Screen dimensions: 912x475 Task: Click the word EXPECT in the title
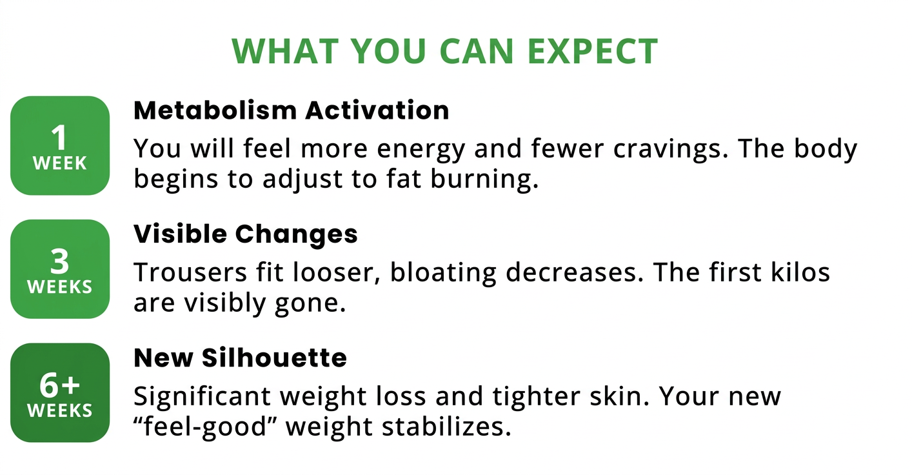[x=592, y=51]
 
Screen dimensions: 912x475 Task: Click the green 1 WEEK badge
[x=60, y=145]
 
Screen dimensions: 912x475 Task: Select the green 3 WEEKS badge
[x=60, y=269]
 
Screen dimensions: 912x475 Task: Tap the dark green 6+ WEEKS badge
[x=60, y=392]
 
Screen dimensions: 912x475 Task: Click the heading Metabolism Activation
[x=291, y=110]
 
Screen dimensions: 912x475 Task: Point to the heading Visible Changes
[x=246, y=234]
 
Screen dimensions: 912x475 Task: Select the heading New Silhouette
[x=240, y=358]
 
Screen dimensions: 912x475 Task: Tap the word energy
[x=421, y=150]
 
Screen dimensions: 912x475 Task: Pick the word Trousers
[x=190, y=272]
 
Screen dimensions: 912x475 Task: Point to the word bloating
[x=443, y=273]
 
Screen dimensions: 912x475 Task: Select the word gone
[x=310, y=304]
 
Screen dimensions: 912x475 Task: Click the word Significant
[x=202, y=396]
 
